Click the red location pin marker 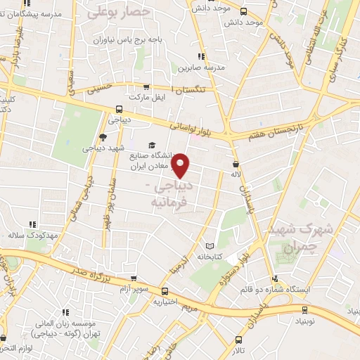tap(181, 166)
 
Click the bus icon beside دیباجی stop tap(119, 109)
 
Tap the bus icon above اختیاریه tap(165, 291)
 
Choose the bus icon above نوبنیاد tap(304, 309)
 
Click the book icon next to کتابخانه tap(208, 246)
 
